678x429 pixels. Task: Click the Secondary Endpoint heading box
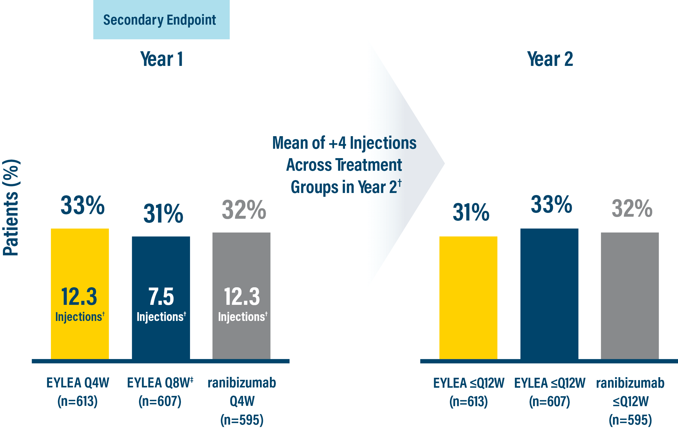[x=161, y=20]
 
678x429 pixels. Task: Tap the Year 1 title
[x=162, y=59]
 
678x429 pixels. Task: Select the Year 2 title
[x=550, y=59]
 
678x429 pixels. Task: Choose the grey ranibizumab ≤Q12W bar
[x=630, y=295]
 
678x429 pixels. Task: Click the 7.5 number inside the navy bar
[x=161, y=296]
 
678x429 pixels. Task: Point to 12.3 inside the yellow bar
[x=79, y=296]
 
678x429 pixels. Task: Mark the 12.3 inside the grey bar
[x=242, y=296]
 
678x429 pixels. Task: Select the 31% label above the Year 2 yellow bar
[x=471, y=212]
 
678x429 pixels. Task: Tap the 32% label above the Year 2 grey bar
[x=632, y=208]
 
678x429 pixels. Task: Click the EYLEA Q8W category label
[x=160, y=383]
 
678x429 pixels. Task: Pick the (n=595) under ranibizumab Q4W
[x=242, y=420]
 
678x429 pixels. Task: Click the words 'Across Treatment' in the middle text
[x=344, y=165]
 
